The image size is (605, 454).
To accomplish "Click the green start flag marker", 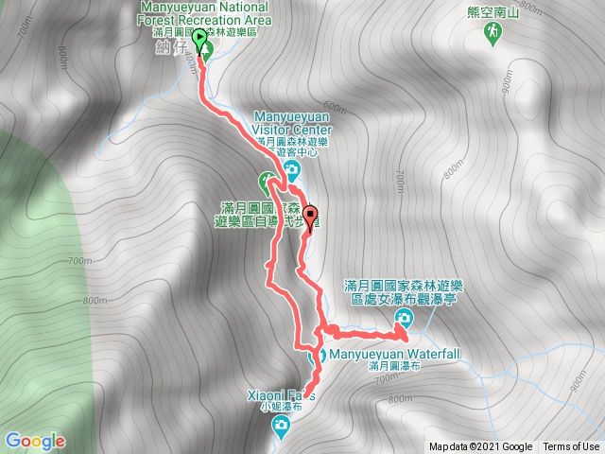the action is (200, 39).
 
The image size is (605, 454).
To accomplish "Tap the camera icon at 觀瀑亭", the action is (404, 319).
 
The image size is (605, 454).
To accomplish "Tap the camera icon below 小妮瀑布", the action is (281, 428).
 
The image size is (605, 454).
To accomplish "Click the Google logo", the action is (34, 441).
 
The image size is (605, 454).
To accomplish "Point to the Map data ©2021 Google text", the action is (480, 447).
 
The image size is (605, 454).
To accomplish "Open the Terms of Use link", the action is (571, 447).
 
